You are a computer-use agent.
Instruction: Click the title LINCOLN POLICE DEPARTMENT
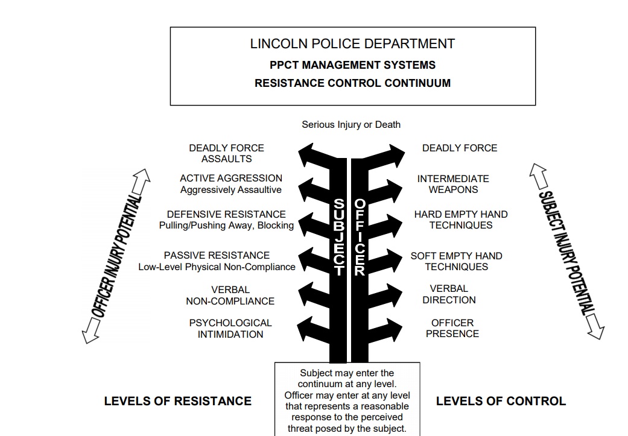tap(352, 44)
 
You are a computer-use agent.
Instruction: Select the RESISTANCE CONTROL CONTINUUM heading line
tap(352, 83)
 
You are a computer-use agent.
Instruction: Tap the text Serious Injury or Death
tap(351, 125)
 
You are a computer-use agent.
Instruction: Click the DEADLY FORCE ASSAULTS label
tap(226, 153)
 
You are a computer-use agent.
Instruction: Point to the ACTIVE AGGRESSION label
tap(230, 179)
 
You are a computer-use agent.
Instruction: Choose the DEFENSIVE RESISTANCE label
tap(226, 215)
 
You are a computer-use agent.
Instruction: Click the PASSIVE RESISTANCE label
tap(217, 256)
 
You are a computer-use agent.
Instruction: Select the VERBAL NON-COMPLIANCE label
tap(230, 295)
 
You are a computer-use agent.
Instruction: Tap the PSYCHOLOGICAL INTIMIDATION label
tap(230, 329)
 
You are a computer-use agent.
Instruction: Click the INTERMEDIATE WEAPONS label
tap(453, 184)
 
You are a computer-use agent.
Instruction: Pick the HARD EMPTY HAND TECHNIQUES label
tap(461, 220)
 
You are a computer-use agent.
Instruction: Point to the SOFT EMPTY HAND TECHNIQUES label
tap(456, 261)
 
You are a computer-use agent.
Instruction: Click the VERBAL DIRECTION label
tap(449, 294)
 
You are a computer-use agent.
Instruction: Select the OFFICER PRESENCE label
tap(452, 328)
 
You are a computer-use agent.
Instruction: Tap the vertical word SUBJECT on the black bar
tap(338, 238)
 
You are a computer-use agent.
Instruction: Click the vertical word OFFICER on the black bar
tap(360, 238)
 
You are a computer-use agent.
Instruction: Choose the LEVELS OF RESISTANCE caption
tap(177, 400)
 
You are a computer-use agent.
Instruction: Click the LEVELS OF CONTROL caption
tap(501, 400)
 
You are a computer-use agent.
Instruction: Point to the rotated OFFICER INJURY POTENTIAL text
tap(117, 256)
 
